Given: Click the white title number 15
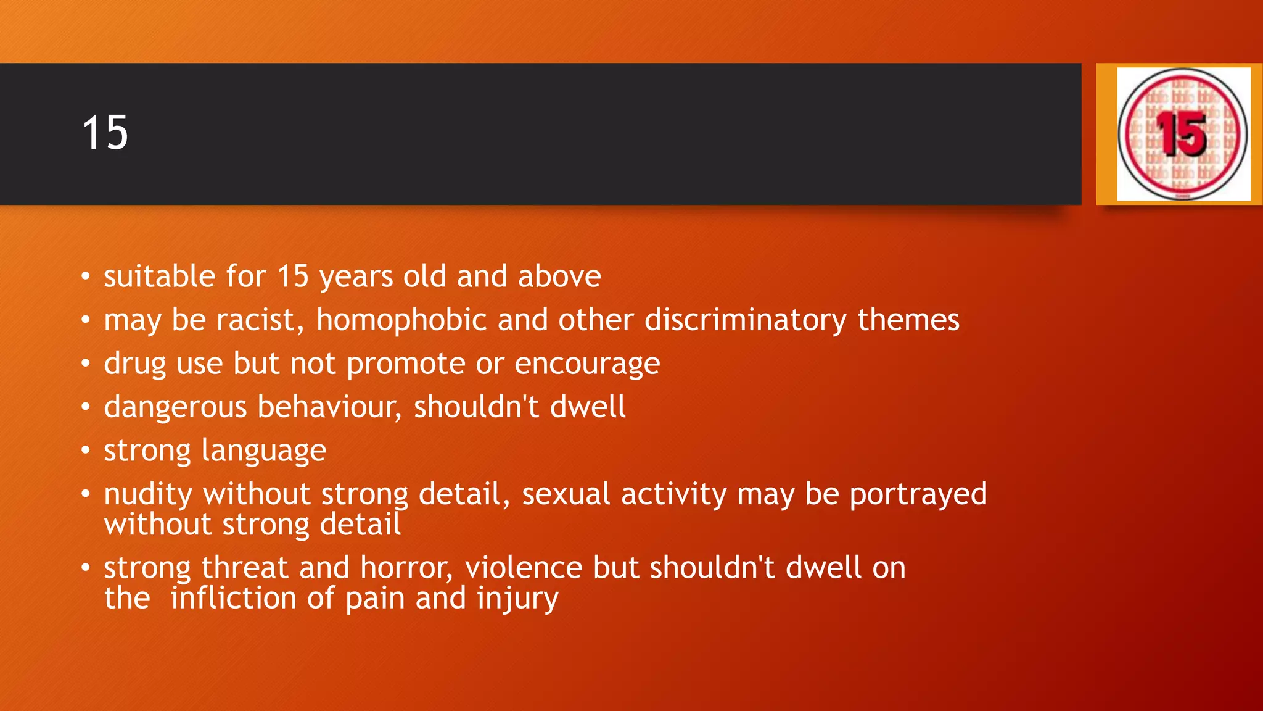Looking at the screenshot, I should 105,133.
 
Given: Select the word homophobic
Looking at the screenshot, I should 402,320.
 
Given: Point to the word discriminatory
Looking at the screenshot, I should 746,320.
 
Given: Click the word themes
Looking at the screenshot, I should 908,320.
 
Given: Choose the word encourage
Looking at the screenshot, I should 587,364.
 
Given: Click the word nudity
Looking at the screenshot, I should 148,494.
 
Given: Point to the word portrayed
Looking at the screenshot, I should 918,494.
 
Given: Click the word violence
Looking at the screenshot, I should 524,568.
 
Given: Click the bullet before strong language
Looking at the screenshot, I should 86,451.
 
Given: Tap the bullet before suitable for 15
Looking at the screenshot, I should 86,276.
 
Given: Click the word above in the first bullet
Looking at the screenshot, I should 559,276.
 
